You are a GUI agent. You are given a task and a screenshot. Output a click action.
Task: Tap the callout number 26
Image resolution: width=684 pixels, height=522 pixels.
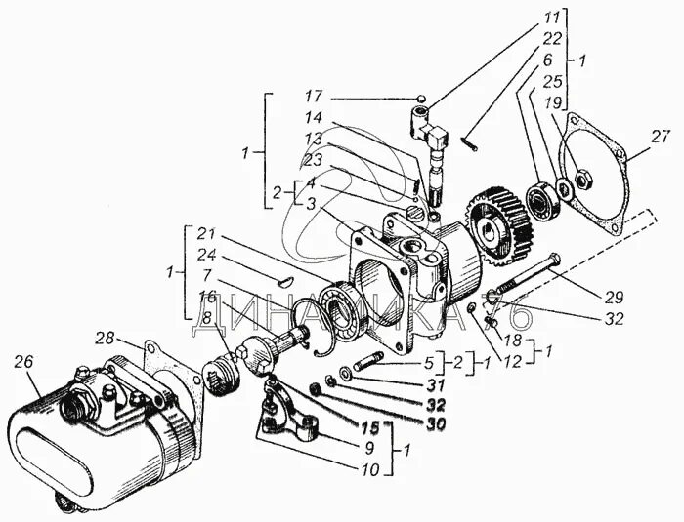pyautogui.click(x=25, y=361)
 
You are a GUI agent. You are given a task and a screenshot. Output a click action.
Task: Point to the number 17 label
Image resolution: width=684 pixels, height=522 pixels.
pyautogui.click(x=313, y=97)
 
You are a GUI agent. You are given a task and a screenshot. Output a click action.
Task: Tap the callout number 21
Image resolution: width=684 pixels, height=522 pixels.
pyautogui.click(x=206, y=234)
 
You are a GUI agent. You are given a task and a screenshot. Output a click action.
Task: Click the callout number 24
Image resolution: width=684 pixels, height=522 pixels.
pyautogui.click(x=206, y=254)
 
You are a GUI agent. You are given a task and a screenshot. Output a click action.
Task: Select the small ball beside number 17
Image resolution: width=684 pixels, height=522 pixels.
pyautogui.click(x=418, y=98)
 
